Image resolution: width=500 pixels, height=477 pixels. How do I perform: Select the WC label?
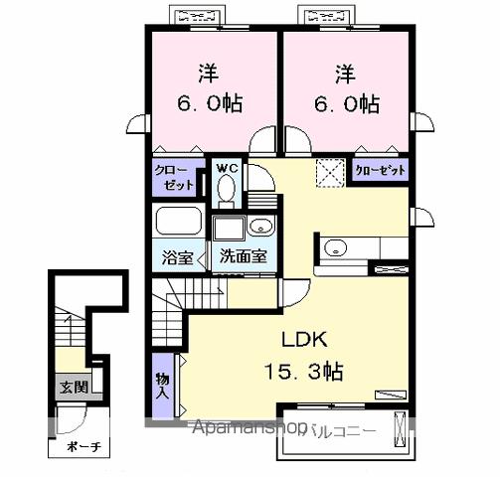pyautogui.click(x=227, y=168)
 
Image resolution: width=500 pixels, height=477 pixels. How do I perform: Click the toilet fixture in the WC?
pyautogui.click(x=228, y=188)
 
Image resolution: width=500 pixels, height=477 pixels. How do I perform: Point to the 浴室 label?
pyautogui.click(x=178, y=254)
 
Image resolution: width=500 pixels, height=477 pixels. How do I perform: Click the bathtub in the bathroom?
pyautogui.click(x=179, y=221)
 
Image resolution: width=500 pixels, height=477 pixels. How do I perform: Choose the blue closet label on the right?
pyautogui.click(x=381, y=171)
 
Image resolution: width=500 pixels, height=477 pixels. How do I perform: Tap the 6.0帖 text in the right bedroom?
pyautogui.click(x=344, y=103)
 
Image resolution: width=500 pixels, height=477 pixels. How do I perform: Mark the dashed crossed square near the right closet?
pyautogui.click(x=328, y=173)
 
